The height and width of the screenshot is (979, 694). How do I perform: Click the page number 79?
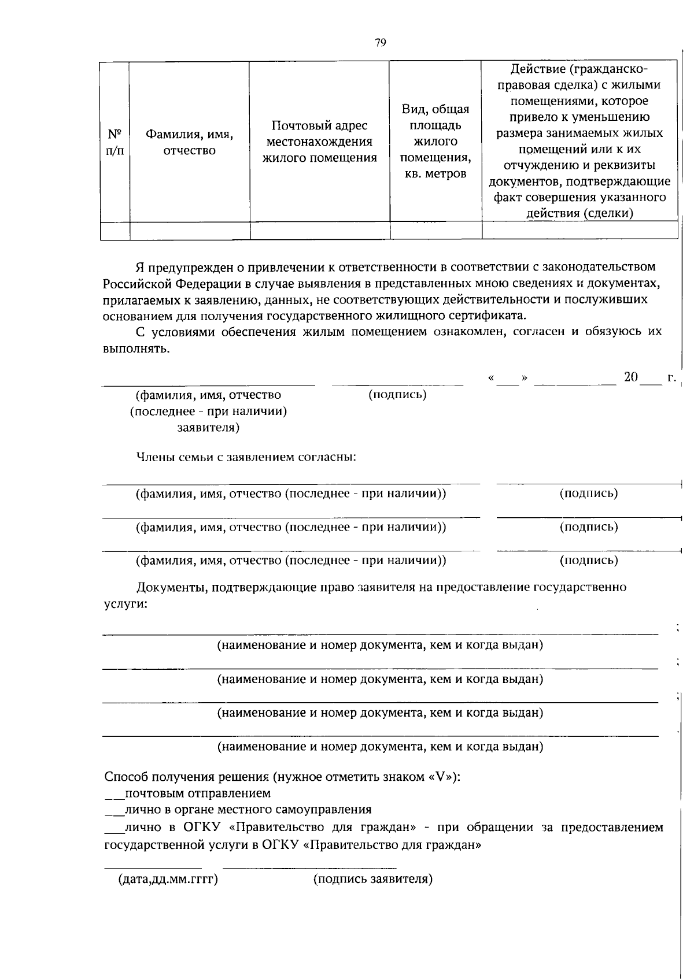click(x=380, y=43)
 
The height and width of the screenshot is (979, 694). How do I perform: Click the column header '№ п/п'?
click(x=115, y=142)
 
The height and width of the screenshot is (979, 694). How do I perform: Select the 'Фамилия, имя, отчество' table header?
click(x=189, y=142)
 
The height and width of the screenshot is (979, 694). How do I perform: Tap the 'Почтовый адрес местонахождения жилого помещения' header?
click(x=319, y=142)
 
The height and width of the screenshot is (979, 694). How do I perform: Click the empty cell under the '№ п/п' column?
click(x=115, y=231)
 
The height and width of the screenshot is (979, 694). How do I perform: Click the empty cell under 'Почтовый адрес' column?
click(x=319, y=231)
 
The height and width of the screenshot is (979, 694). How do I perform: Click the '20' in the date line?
click(x=630, y=377)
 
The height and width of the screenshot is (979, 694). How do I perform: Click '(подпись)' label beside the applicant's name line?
click(x=397, y=395)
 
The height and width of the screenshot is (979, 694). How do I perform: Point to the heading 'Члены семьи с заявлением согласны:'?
click(x=246, y=458)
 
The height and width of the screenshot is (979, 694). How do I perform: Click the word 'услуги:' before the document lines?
click(x=125, y=604)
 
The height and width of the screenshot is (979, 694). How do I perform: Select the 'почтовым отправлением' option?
click(x=197, y=793)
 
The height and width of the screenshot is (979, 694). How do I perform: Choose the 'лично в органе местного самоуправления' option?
click(x=248, y=810)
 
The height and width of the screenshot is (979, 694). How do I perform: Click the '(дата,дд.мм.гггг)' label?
click(x=168, y=880)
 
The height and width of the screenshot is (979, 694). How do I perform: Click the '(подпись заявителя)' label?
click(x=373, y=880)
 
